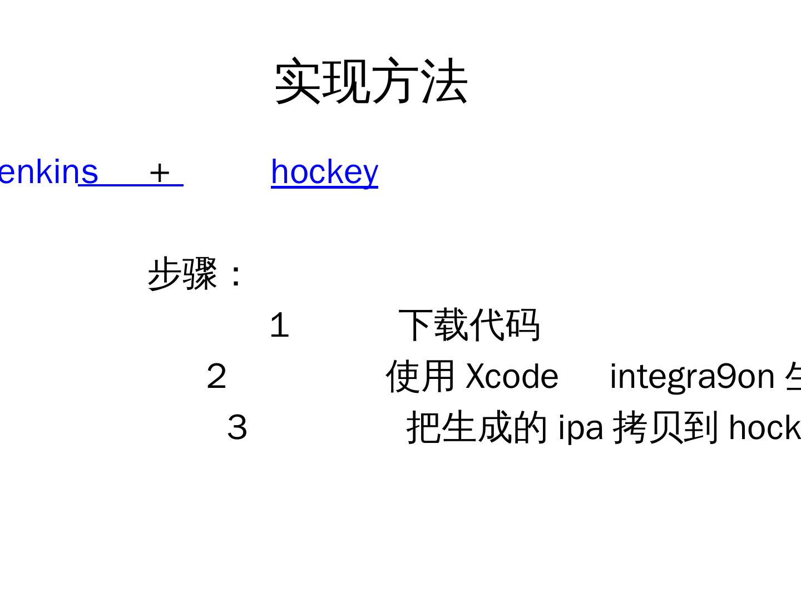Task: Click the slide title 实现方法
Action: [x=371, y=81]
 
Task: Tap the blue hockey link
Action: [x=324, y=171]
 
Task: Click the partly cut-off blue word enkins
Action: [x=48, y=171]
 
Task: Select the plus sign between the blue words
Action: [x=159, y=173]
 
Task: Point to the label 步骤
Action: [x=182, y=273]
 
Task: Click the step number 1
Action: [x=279, y=326]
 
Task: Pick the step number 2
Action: [x=216, y=377]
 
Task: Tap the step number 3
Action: [x=237, y=428]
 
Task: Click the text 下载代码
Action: [x=469, y=325]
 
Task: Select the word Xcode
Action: [x=512, y=376]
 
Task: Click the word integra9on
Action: [x=692, y=377]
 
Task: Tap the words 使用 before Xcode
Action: [x=421, y=376]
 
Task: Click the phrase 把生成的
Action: [x=477, y=427]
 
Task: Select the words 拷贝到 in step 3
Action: [x=665, y=427]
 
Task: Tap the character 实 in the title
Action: [x=298, y=81]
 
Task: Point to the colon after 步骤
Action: [x=236, y=275]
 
